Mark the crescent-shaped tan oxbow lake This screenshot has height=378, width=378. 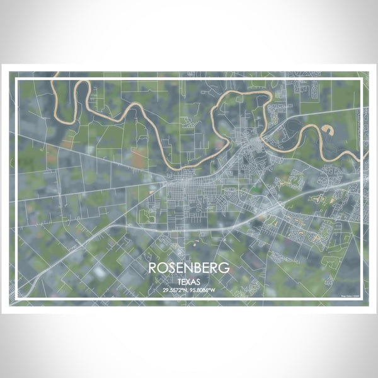[x=328, y=130]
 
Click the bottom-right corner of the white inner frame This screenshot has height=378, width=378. [x=362, y=298]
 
